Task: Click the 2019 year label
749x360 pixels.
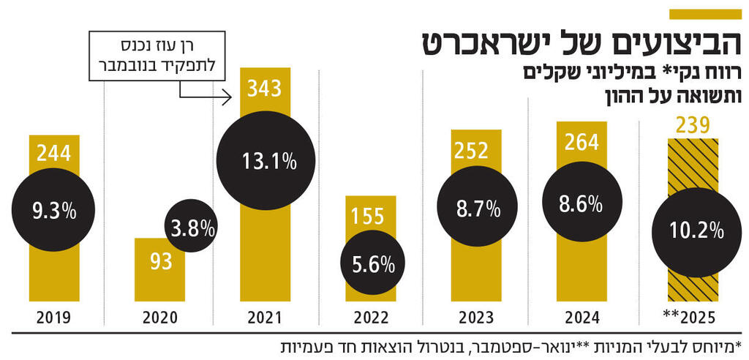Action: (53, 318)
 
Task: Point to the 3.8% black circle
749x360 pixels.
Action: (189, 227)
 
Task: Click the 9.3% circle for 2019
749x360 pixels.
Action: (53, 212)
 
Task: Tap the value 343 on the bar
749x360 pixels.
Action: (264, 89)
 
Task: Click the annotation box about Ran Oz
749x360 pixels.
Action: (157, 56)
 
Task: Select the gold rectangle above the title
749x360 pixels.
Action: (705, 14)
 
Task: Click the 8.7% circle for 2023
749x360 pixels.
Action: (477, 209)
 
